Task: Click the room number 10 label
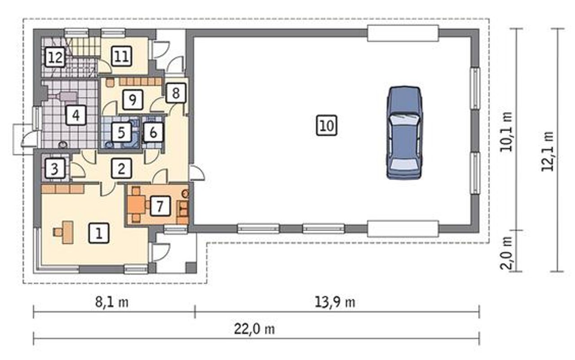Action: pos(327,125)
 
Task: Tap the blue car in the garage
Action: pos(405,133)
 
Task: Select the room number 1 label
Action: pos(99,233)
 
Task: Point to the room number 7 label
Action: pos(160,206)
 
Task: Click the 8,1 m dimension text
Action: pos(112,302)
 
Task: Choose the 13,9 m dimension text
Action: pos(335,302)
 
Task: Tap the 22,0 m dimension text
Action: pos(254,329)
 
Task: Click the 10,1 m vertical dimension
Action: pos(506,132)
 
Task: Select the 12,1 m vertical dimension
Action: pos(547,151)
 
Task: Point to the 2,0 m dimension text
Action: pos(506,253)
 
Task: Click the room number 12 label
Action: pos(55,57)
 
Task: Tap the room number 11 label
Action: pos(122,56)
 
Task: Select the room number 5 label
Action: pos(122,132)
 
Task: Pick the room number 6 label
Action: pos(153,133)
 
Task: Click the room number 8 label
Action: pos(176,93)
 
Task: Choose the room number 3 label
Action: pos(55,169)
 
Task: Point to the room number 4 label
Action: pos(76,116)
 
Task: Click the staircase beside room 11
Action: pos(86,46)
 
